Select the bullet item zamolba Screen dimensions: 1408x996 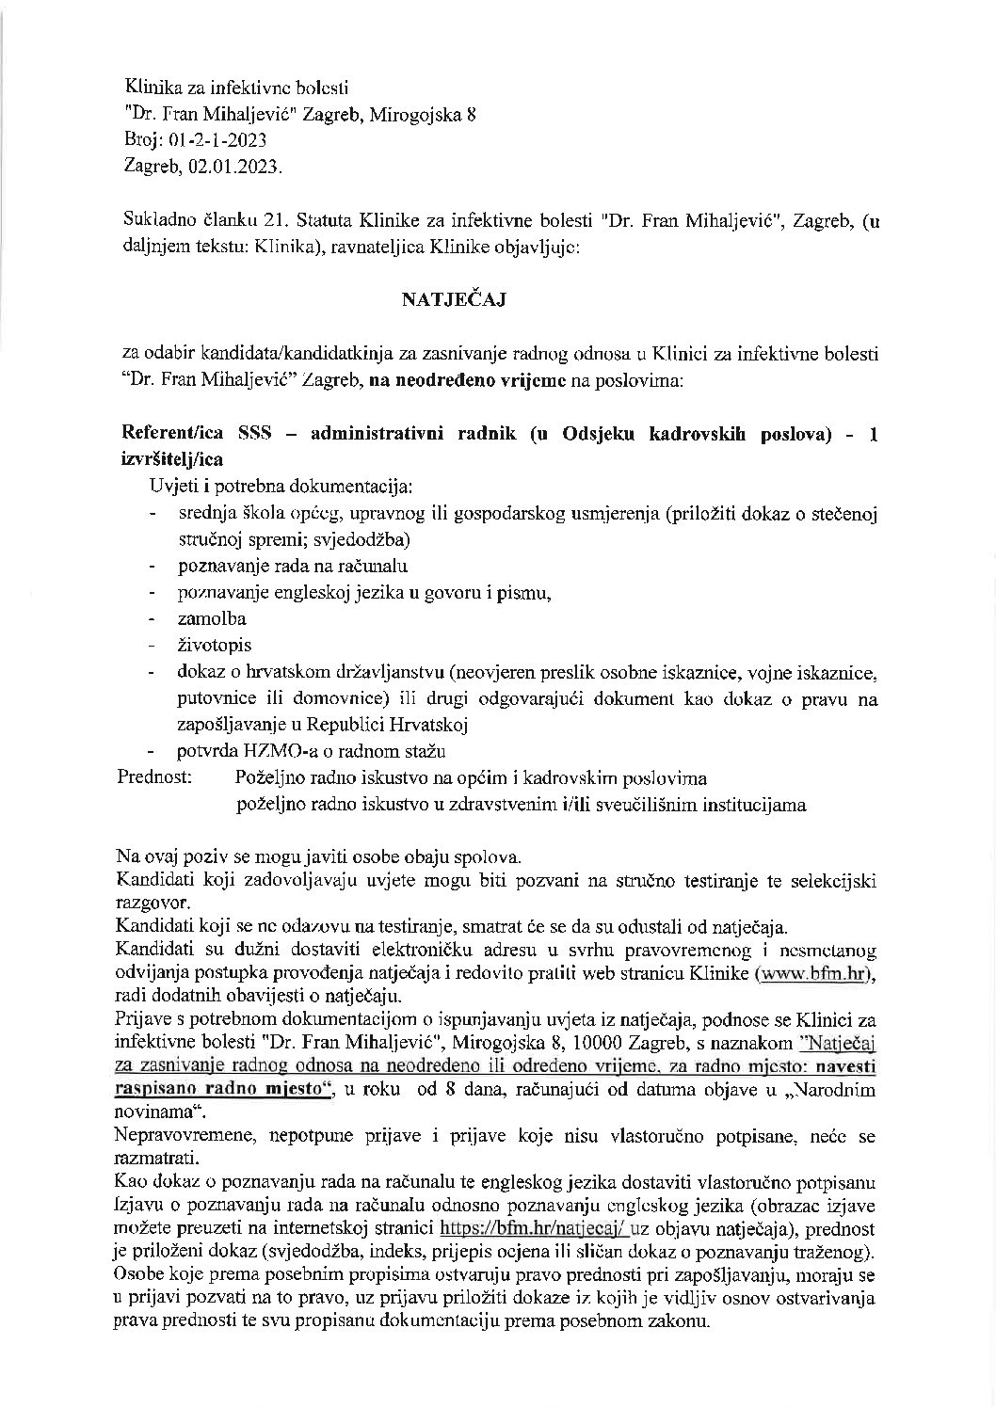click(x=212, y=618)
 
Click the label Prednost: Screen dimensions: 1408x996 click(x=154, y=778)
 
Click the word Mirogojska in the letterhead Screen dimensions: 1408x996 click(x=419, y=116)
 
